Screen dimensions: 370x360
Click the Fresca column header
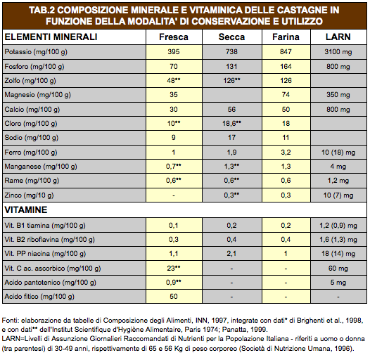click(174, 37)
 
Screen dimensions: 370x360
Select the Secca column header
click(231, 37)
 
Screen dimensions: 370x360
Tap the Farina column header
click(286, 37)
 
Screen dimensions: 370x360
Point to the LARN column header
click(338, 37)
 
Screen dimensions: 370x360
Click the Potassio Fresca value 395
click(174, 51)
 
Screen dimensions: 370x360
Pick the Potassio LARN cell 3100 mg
click(338, 51)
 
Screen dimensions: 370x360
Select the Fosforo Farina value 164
click(286, 67)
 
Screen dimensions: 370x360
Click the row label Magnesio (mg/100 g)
click(37, 95)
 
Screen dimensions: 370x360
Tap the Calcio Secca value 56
click(231, 110)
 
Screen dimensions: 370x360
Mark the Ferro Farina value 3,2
click(286, 153)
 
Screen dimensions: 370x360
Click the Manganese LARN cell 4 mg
click(338, 167)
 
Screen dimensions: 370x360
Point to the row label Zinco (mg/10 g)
click(29, 195)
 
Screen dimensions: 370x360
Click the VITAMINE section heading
click(26, 210)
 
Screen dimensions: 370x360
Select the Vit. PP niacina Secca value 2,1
click(231, 254)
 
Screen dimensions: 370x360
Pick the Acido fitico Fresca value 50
click(174, 297)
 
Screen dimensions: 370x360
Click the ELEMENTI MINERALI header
click(51, 37)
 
